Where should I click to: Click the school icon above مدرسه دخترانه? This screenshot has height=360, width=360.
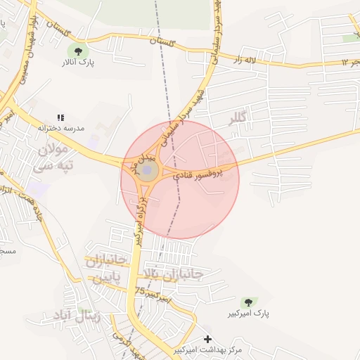pos(61,117)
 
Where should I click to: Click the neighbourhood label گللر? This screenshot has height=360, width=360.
pos(238,119)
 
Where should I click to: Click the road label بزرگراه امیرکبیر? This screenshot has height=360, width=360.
pos(140,221)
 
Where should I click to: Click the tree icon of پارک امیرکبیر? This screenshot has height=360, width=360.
pos(247,302)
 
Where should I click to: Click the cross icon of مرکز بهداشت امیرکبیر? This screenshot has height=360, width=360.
pos(207,340)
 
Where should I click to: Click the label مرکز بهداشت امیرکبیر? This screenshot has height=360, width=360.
pos(208,349)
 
